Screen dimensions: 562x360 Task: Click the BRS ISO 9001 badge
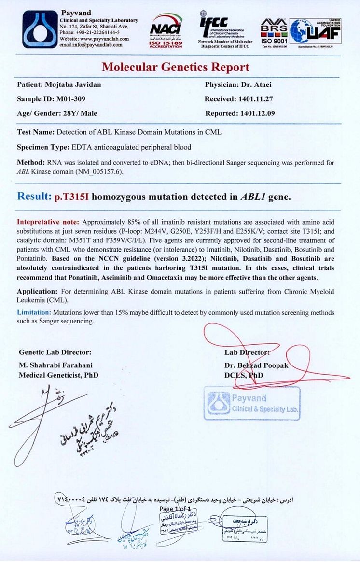(x=274, y=30)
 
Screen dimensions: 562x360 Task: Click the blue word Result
(x=34, y=197)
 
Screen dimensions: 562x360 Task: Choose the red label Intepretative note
(x=48, y=222)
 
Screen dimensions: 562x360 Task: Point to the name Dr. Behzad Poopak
(x=256, y=365)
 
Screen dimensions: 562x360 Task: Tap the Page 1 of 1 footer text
(x=176, y=509)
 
